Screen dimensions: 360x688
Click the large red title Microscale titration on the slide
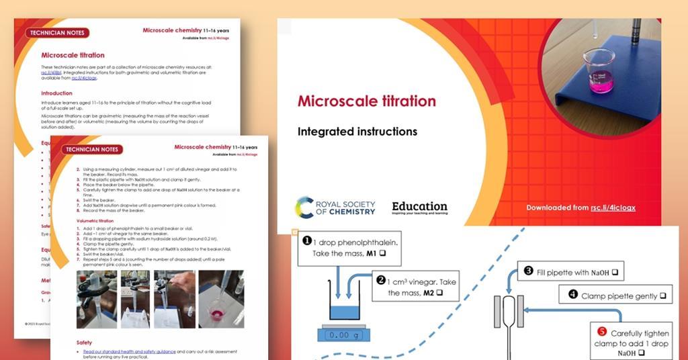coord(366,101)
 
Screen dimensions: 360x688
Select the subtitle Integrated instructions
coord(357,132)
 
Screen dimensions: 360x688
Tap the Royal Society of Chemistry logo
coord(335,208)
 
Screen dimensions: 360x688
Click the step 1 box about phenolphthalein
coord(349,247)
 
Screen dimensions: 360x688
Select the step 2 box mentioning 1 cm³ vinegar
coord(414,286)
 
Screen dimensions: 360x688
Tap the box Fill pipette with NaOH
coord(570,272)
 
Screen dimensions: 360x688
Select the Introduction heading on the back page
coord(56,93)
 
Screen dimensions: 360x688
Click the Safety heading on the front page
coord(84,343)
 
